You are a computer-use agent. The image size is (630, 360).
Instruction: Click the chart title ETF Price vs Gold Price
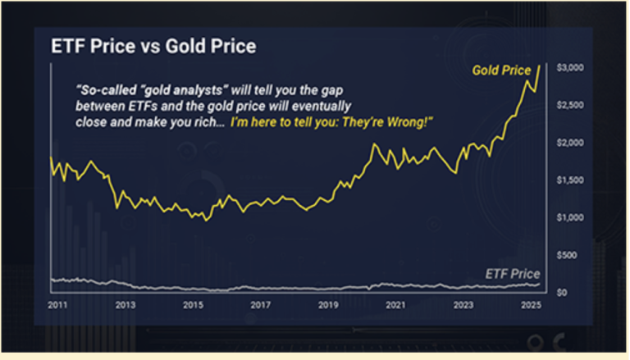coord(153,46)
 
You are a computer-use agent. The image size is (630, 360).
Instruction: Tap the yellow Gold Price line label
coord(501,71)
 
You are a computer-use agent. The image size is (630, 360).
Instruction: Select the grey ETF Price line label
coord(513,274)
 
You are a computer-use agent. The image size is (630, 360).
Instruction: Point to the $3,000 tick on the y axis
coord(570,67)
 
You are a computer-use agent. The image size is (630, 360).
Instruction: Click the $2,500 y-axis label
coord(570,105)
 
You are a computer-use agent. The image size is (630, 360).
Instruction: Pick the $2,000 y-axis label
coord(570,143)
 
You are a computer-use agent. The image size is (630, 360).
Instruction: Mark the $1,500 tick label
coord(570,180)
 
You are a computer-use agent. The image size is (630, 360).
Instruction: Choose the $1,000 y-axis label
coord(570,218)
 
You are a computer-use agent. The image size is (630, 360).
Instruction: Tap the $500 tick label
coord(567,255)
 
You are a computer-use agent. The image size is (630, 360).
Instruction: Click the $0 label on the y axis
coord(562,293)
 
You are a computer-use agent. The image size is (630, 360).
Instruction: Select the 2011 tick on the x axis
coord(57,305)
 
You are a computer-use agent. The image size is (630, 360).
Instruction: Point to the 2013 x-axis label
coord(126,305)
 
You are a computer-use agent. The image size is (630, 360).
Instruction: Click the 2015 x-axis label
coord(193,305)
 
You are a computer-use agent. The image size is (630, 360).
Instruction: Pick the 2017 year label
coord(260,305)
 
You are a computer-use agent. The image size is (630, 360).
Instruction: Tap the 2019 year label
coord(328,305)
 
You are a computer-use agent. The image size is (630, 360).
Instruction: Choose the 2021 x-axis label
coord(395,305)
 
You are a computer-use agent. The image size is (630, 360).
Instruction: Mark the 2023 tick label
coord(463,305)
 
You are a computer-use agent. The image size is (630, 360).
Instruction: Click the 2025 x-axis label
coord(532,305)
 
